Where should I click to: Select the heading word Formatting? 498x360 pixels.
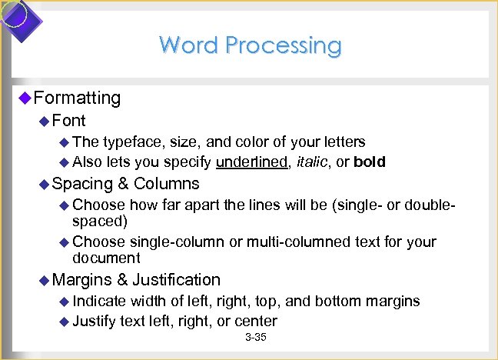pyautogui.click(x=78, y=98)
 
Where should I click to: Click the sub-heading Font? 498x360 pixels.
pyautogui.click(x=69, y=121)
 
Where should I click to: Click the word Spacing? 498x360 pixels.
pyautogui.click(x=81, y=184)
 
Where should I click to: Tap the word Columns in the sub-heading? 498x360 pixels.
pyautogui.click(x=166, y=184)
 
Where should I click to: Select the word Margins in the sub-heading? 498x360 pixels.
pyautogui.click(x=82, y=280)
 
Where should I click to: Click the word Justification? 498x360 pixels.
pyautogui.click(x=177, y=280)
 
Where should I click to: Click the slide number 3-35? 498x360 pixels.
pyautogui.click(x=254, y=338)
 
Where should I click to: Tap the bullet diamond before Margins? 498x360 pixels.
pyautogui.click(x=45, y=280)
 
